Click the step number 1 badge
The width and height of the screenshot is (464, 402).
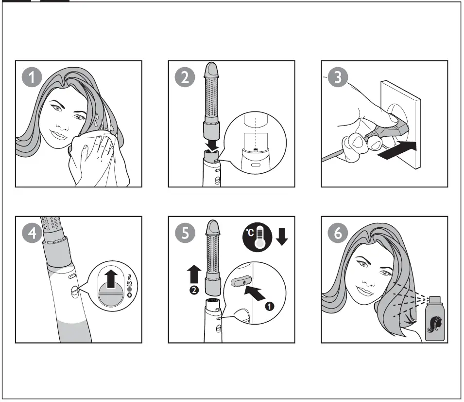coord(32,77)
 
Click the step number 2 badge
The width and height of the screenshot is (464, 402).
coord(185,77)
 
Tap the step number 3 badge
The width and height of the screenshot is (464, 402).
coord(338,77)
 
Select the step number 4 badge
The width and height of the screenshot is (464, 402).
coord(32,233)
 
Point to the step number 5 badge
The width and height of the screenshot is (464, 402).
coord(185,233)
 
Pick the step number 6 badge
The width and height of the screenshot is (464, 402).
coord(338,233)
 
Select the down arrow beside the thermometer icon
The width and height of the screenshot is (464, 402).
coord(282,237)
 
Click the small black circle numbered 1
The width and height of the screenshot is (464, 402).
coord(269,306)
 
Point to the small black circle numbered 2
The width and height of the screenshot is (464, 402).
coord(194,290)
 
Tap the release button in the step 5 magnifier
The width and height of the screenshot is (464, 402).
coord(241,281)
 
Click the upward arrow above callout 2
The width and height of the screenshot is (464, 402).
coord(194,274)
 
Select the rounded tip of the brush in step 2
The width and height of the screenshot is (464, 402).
coord(211,69)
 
